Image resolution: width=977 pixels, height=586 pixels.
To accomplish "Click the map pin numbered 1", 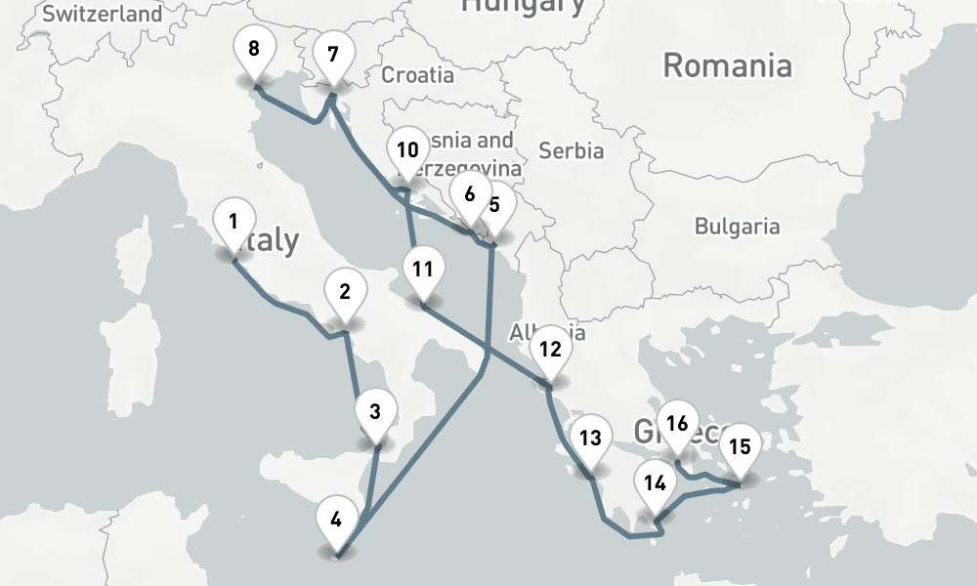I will tap(233, 224).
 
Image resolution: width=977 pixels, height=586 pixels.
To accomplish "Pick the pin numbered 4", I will tap(336, 521).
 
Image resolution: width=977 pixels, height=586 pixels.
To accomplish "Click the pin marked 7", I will tap(332, 56).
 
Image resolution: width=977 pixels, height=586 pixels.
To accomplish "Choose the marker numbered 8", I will tap(254, 50).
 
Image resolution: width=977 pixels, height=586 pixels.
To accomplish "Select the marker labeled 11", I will tap(422, 271).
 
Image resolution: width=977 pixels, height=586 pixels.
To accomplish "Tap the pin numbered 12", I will tap(550, 351).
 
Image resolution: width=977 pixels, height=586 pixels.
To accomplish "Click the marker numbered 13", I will tap(590, 439).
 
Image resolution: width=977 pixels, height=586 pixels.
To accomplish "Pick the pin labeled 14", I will tap(655, 484).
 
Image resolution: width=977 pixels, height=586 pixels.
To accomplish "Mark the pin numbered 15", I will tap(740, 449).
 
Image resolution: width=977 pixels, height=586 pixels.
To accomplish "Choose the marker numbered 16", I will tap(677, 425).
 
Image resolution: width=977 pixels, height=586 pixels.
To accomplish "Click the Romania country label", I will tap(727, 66).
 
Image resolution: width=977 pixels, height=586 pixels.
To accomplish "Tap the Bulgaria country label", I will tap(737, 227).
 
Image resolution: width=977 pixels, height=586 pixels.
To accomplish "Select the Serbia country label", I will tap(572, 151).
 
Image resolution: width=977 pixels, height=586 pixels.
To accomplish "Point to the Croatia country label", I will tap(417, 74).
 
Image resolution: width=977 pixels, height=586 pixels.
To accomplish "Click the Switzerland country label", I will tap(103, 14).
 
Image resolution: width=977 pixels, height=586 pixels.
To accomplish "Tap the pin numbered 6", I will tap(470, 195).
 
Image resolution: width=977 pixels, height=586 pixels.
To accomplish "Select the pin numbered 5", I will tap(496, 206).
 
